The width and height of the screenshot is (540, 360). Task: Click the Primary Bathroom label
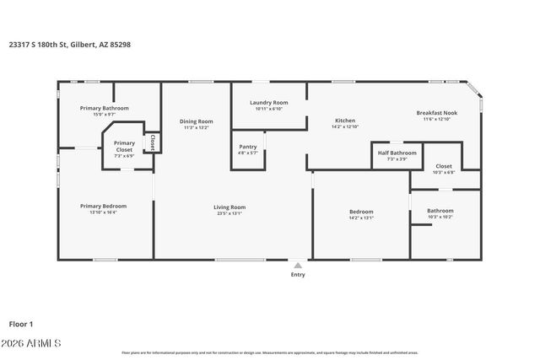pos(105,108)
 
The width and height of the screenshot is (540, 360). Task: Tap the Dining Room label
pos(196,121)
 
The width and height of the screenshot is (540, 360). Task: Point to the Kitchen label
pos(345,121)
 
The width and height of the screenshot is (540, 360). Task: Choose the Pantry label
pos(248,147)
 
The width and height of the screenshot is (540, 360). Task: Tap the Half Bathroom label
pos(397,153)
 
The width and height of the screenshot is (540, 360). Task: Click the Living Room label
pos(229,207)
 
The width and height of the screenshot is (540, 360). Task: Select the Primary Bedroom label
pos(103,206)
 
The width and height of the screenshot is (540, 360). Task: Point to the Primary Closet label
pos(124,147)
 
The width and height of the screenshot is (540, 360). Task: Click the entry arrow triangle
pos(298,265)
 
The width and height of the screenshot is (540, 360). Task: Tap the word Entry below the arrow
pos(298,274)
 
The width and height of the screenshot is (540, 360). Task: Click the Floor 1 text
pos(20,323)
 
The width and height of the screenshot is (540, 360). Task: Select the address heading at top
pos(70,45)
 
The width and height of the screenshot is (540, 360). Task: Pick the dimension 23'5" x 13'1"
pos(229,213)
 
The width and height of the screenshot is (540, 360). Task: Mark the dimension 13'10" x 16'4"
pos(103,212)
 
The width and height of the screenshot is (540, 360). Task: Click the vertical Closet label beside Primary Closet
pos(153,142)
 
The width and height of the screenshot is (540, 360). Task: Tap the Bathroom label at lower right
pos(440,211)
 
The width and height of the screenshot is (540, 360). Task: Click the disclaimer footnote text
pos(270,352)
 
